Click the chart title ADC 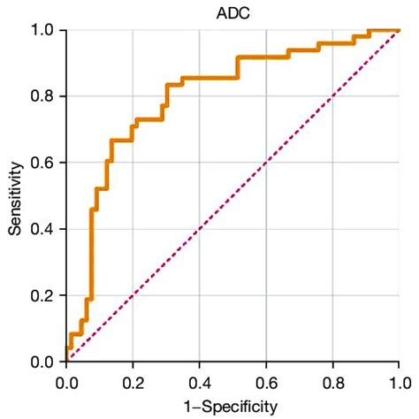(x=232, y=12)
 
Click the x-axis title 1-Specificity (x=232, y=406)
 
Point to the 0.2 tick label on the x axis (x=133, y=383)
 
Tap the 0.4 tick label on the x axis (x=199, y=383)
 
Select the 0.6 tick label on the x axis (x=266, y=383)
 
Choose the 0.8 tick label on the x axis (x=332, y=383)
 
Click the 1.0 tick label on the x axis (x=399, y=383)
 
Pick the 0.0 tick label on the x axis (x=66, y=383)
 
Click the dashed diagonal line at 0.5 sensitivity (x=232, y=196)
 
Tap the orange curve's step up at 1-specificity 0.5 (x=237, y=67)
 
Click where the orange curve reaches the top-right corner (x=397, y=31)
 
